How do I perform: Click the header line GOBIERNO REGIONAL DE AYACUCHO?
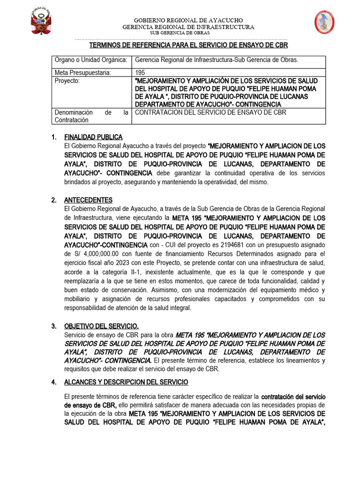pyautogui.click(x=188, y=21)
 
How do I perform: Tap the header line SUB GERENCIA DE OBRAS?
pyautogui.click(x=188, y=33)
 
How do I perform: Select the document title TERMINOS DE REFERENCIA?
pyautogui.click(x=188, y=45)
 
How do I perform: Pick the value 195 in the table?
pyautogui.click(x=140, y=73)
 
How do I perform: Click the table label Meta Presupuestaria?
pyautogui.click(x=82, y=73)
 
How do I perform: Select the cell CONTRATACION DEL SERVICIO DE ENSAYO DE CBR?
pyautogui.click(x=210, y=112)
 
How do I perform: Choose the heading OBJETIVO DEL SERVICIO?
pyautogui.click(x=101, y=326)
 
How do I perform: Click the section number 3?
pyautogui.click(x=54, y=326)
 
